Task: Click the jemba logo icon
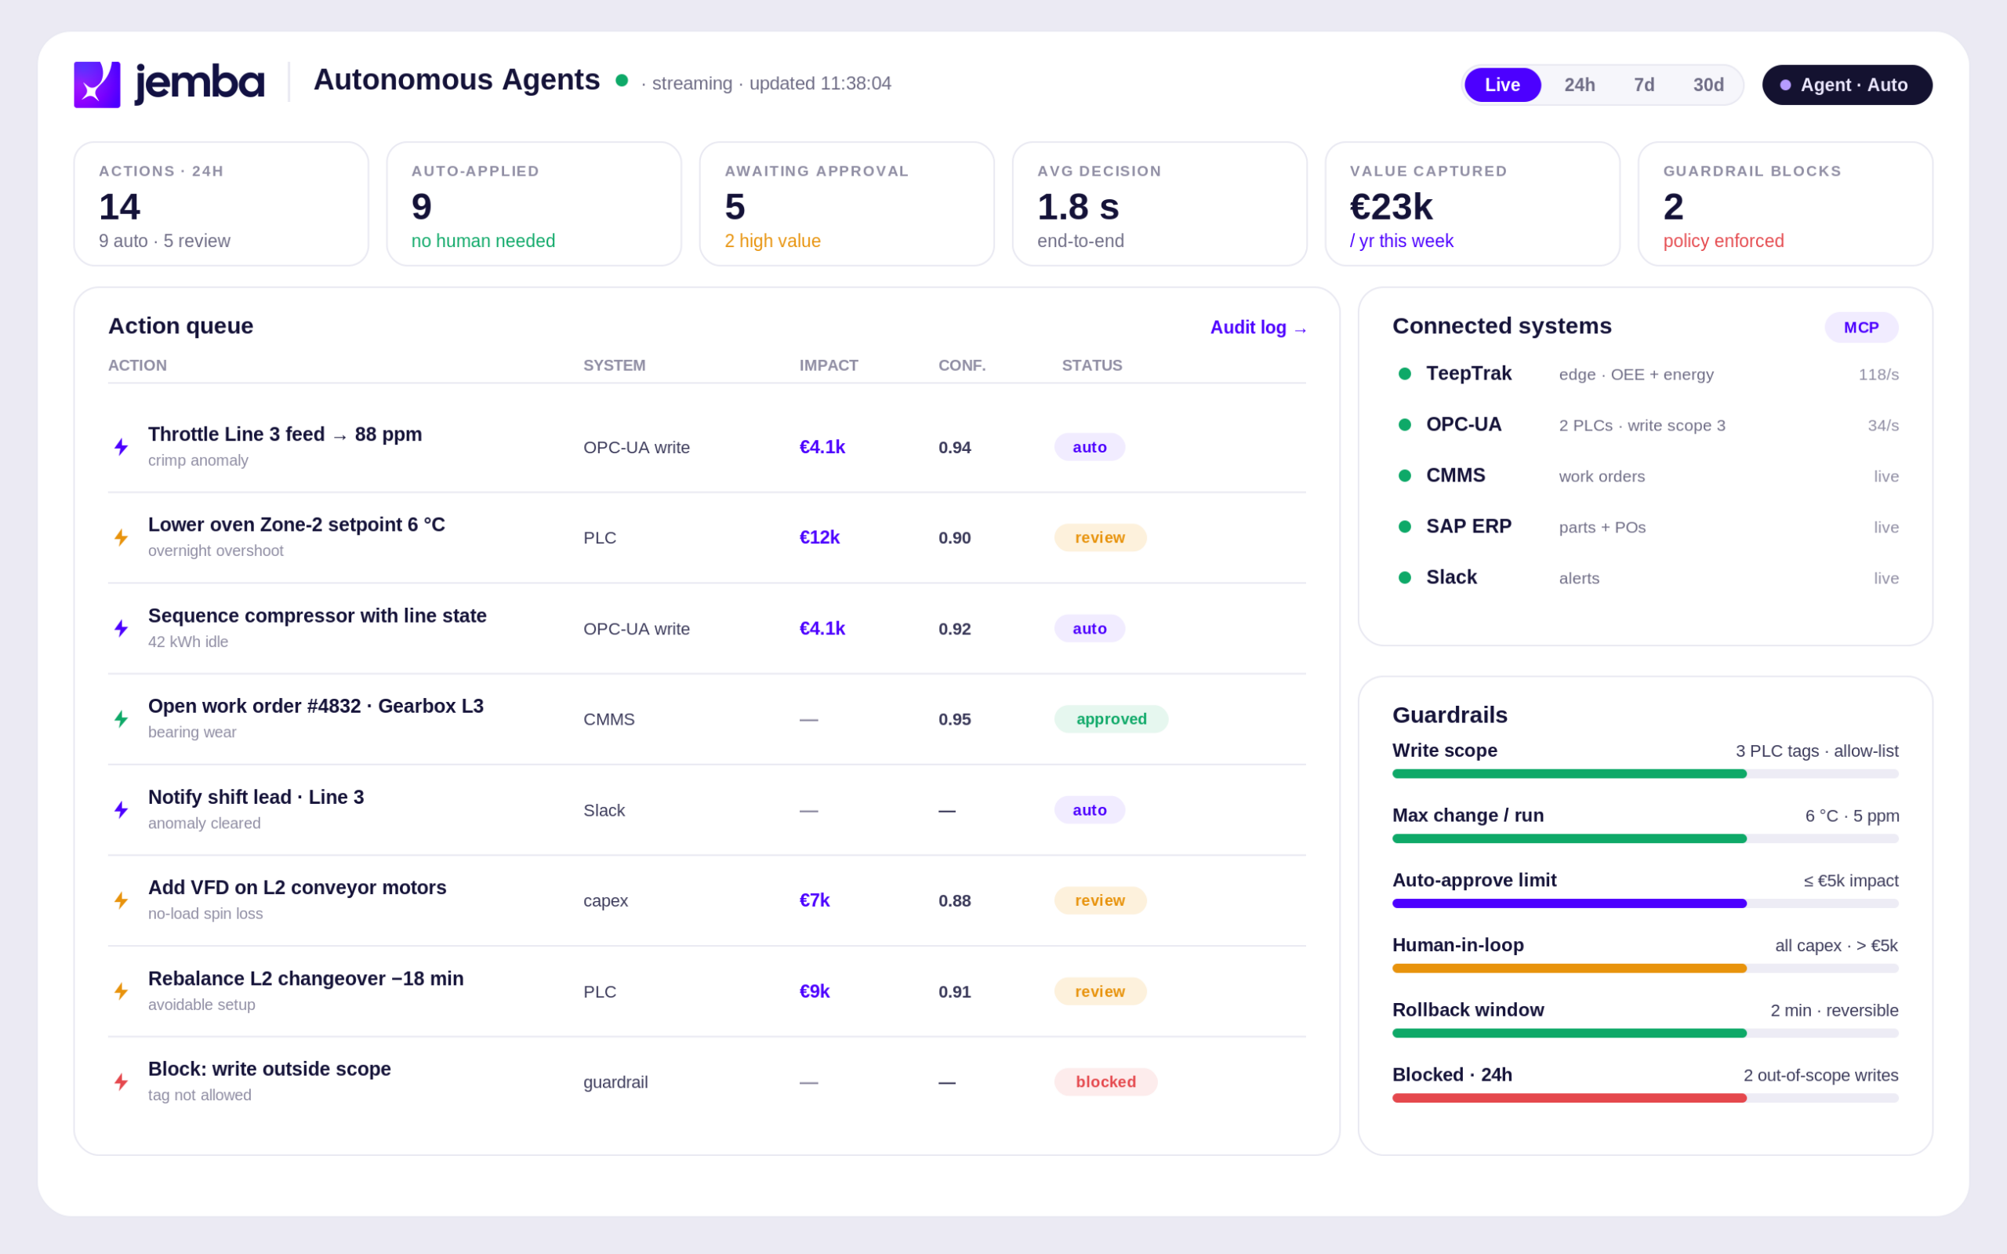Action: tap(97, 85)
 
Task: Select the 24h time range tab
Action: tap(1579, 85)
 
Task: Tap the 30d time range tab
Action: tap(1708, 85)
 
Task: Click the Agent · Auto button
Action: tap(1847, 85)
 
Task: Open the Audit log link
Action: tap(1258, 328)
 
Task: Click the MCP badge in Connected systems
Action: tap(1861, 328)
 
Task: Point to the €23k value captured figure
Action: tap(1391, 206)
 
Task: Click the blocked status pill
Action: tap(1106, 1081)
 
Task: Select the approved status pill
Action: tap(1111, 719)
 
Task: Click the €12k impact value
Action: tap(819, 537)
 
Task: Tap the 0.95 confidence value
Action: tap(954, 719)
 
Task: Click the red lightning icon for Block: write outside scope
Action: tap(121, 1081)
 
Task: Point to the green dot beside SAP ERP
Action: tap(1404, 527)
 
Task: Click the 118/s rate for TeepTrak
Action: tap(1878, 374)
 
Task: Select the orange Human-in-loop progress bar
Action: tap(1570, 968)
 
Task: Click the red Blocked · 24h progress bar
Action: tap(1570, 1097)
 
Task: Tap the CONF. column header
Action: tap(962, 365)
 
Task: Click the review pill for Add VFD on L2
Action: tap(1100, 900)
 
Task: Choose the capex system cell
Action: tap(605, 900)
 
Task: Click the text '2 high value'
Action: tap(773, 241)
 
